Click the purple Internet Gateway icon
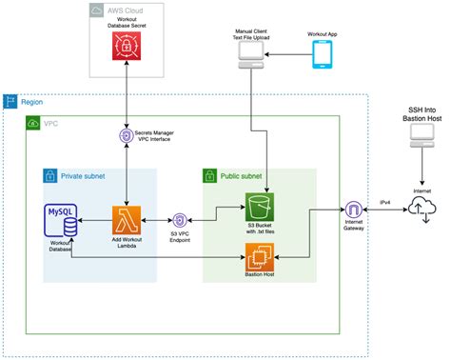coord(353,210)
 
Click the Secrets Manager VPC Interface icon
coord(127,135)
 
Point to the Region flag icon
coord(10,101)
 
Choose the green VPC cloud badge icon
coord(33,124)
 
